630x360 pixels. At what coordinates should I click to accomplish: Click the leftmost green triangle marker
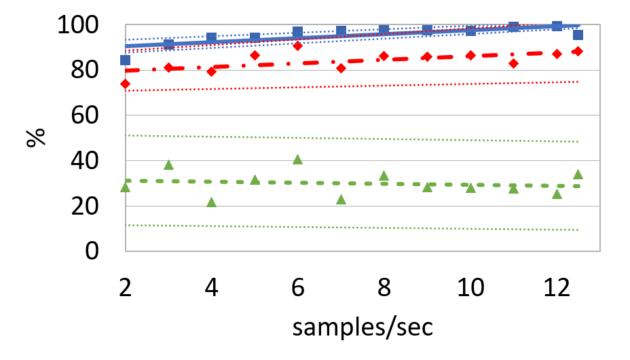click(x=125, y=187)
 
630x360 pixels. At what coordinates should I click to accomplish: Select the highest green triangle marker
click(x=297, y=159)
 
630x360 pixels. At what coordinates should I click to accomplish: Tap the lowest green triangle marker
click(x=211, y=202)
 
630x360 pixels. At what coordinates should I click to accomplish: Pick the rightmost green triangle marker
click(x=578, y=174)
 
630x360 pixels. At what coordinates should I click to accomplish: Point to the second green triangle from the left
click(x=168, y=164)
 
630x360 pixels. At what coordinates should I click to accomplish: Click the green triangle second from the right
click(x=557, y=194)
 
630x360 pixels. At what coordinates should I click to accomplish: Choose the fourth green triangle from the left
click(x=255, y=179)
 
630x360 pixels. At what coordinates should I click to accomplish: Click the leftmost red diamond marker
click(x=125, y=84)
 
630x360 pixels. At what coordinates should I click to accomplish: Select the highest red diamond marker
click(x=297, y=46)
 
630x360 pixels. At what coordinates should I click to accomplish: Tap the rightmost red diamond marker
click(x=578, y=51)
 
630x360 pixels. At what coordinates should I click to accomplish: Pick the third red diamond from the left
click(x=211, y=71)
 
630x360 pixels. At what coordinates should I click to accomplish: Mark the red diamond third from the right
click(x=513, y=63)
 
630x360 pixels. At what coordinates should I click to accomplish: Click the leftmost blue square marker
click(x=125, y=60)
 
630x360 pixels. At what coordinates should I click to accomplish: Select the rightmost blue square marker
click(x=578, y=35)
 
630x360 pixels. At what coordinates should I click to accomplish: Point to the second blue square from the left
click(x=168, y=44)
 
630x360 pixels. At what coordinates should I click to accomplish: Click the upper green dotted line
click(x=353, y=139)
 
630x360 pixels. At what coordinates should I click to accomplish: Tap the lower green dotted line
click(x=353, y=228)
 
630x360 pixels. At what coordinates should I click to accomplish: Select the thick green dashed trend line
click(x=319, y=183)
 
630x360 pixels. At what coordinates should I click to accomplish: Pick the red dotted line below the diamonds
click(x=353, y=86)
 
